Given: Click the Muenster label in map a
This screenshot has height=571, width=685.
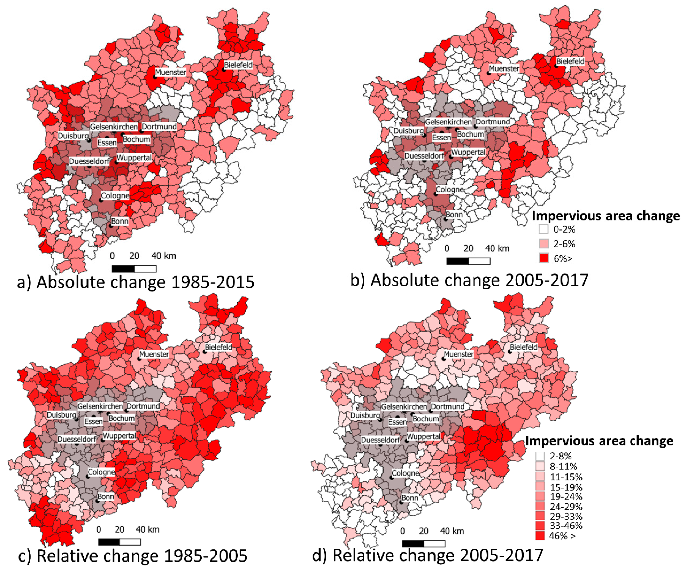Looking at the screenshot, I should coord(170,72).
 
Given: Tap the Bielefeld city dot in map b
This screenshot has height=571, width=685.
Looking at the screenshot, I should coord(556,66).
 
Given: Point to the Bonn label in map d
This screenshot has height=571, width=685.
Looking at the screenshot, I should coord(410,498).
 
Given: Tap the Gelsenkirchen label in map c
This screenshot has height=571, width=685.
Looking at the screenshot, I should coord(100,406).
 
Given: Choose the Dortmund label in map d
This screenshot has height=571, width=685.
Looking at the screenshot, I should coord(447,406).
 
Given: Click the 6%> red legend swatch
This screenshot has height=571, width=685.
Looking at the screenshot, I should coord(543,258).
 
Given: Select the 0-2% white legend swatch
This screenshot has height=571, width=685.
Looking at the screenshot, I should coord(543,229).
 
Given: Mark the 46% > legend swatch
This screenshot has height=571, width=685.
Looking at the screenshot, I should coord(540,536).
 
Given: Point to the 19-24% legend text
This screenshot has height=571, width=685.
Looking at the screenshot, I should coord(566,497).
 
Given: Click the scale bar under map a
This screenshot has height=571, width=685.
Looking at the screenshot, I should coord(134,269).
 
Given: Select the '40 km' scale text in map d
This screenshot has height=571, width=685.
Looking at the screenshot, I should coord(452,531).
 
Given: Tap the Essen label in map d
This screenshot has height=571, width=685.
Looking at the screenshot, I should coord(397,422).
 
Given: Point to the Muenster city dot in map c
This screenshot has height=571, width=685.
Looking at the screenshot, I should coord(139,358).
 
